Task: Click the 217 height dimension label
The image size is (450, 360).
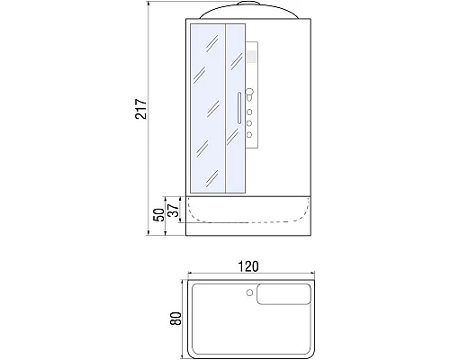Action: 141,109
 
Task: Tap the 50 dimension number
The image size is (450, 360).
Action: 159,215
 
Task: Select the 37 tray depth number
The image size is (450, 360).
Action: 174,211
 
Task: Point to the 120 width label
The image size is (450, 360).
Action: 248,266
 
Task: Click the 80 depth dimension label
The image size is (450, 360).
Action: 175,319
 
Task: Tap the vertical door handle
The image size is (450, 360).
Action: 239,108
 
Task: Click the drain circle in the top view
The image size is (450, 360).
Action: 249,292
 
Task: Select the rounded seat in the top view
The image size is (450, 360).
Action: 283,294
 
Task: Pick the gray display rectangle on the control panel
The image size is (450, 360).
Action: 251,57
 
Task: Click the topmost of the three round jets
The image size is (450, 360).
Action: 249,112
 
